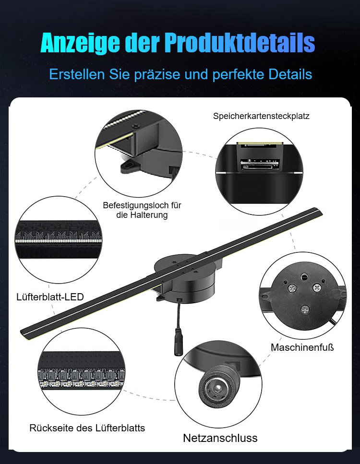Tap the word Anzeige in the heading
pyautogui.click(x=80, y=44)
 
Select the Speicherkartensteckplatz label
pyautogui.click(x=261, y=116)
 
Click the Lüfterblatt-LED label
pyautogui.click(x=50, y=297)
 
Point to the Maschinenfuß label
pyautogui.click(x=302, y=347)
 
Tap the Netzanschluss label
pyautogui.click(x=220, y=438)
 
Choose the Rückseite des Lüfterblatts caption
pyautogui.click(x=87, y=428)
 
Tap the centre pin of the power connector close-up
pyautogui.click(x=217, y=388)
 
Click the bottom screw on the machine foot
pyautogui.click(x=305, y=309)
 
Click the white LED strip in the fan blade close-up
pyautogui.click(x=59, y=241)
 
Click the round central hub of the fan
pyautogui.click(x=187, y=278)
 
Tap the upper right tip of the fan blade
pyautogui.click(x=321, y=211)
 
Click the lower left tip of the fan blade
pyautogui.click(x=23, y=333)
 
